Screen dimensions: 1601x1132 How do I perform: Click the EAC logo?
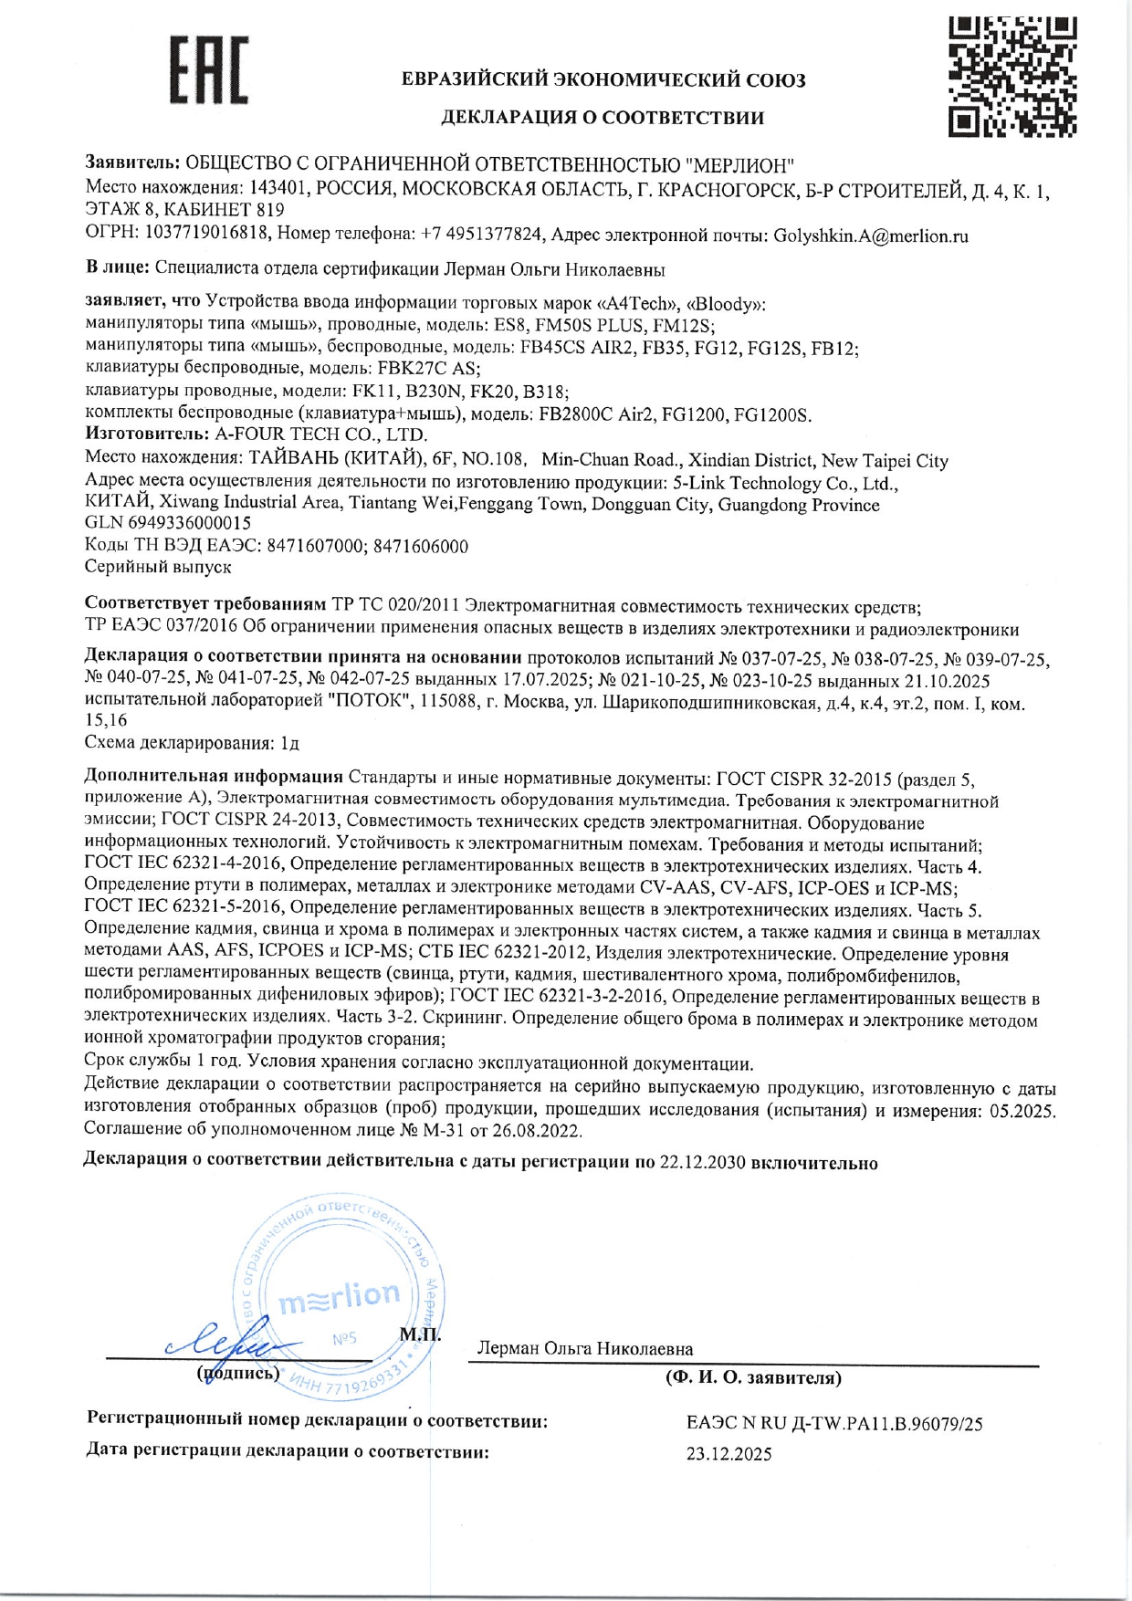coord(208,69)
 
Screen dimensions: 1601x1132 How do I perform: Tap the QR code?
coord(1011,77)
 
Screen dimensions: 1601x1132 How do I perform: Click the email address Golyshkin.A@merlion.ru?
coord(871,236)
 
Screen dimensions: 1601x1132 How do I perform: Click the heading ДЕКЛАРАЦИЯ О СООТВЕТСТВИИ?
coord(603,118)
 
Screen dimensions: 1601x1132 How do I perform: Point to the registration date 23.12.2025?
coord(728,1454)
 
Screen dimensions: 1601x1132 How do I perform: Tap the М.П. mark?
coord(420,1334)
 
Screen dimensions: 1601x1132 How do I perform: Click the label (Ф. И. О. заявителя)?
coord(753,1378)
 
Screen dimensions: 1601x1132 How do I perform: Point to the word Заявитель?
coord(131,163)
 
